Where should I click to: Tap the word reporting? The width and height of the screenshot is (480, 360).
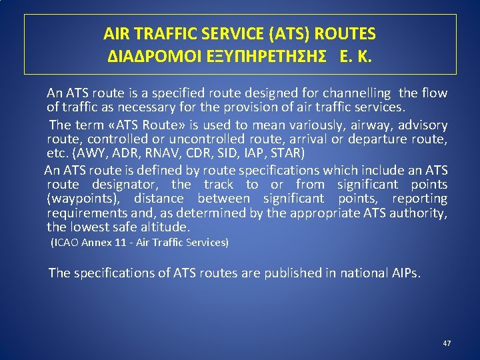(419, 199)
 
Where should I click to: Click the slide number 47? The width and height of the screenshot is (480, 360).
(447, 343)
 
